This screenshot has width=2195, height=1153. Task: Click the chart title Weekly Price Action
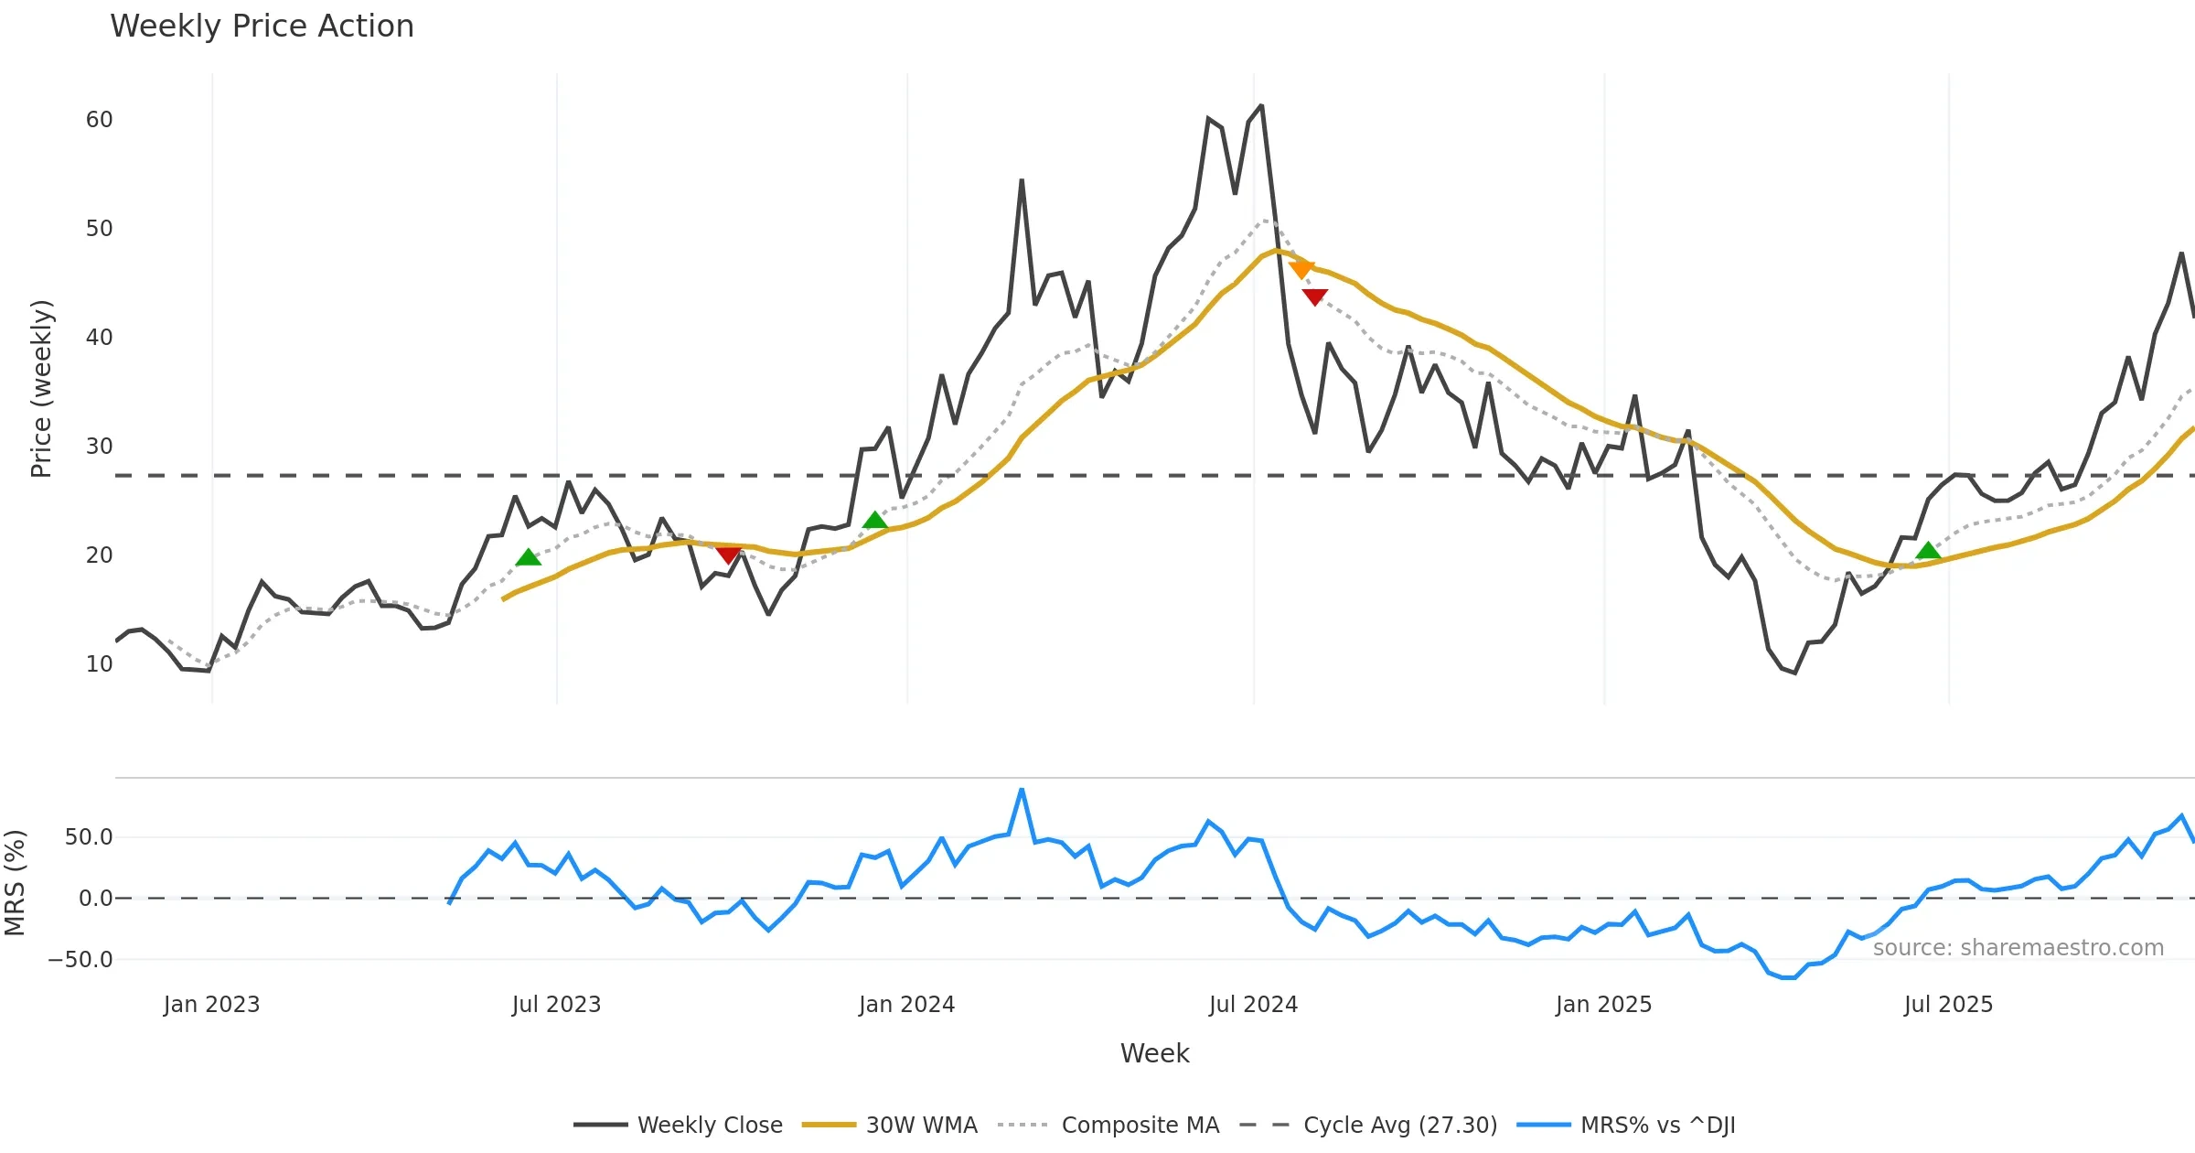(262, 27)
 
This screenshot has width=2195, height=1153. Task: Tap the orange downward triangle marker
(1301, 269)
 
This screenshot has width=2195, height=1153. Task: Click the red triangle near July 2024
(1314, 296)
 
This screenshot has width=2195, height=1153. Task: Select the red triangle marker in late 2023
(728, 555)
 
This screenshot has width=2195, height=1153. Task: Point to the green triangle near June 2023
(528, 557)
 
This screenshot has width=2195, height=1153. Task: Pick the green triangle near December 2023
(875, 521)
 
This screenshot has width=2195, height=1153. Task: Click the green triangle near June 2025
(1928, 551)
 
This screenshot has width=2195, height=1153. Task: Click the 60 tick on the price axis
(99, 120)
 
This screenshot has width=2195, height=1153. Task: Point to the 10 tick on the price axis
(99, 664)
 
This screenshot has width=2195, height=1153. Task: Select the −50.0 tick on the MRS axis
(80, 960)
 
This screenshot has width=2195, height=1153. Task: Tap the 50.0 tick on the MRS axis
(89, 837)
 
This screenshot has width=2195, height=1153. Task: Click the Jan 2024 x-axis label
(906, 1005)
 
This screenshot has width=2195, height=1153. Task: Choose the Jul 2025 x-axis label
(1948, 1005)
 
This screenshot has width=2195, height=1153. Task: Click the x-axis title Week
(1154, 1053)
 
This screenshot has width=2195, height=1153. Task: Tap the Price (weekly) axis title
(41, 389)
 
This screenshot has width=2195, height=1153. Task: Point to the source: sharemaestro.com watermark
(2018, 948)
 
